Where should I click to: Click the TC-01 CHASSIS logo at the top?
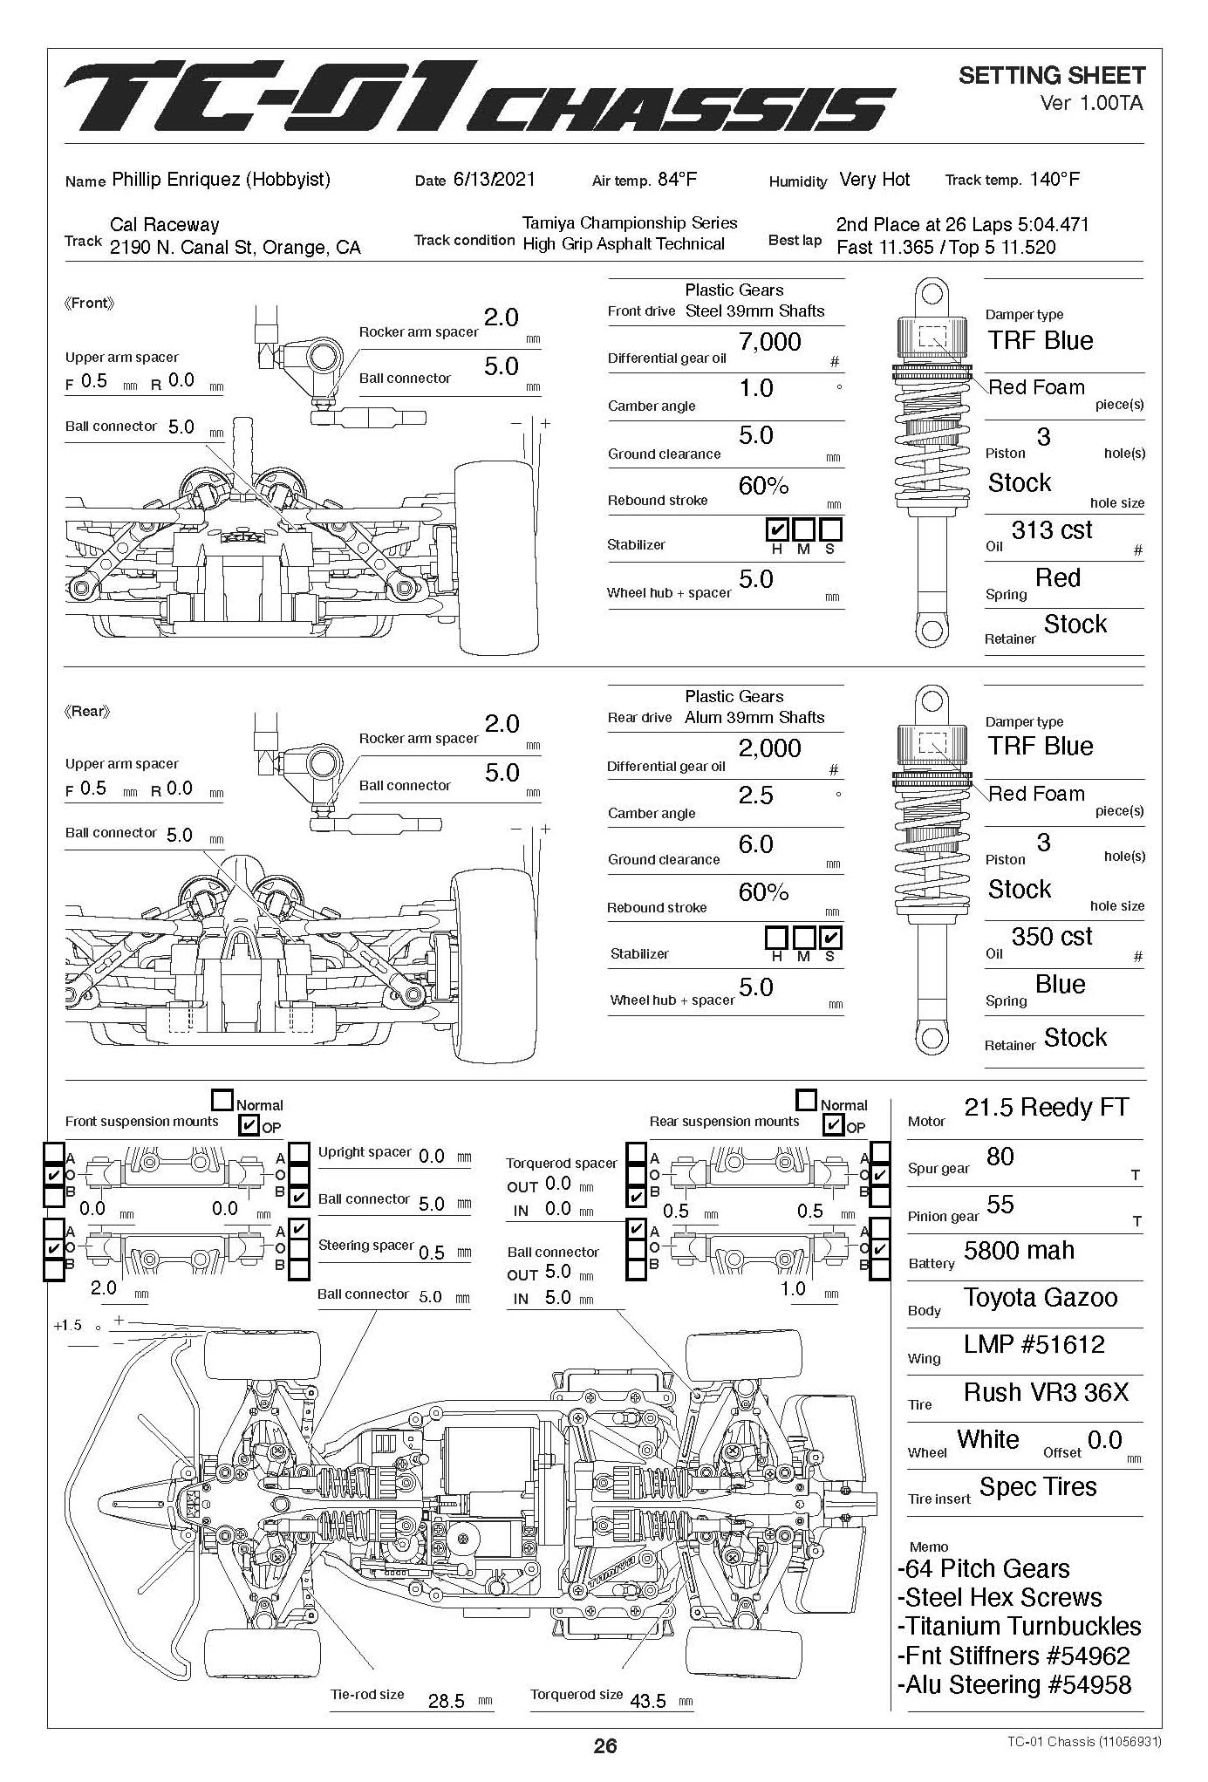[478, 98]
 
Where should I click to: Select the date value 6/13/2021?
[494, 180]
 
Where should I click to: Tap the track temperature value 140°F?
[1054, 180]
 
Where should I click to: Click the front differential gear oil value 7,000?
[769, 342]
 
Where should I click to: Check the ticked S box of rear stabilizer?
[831, 938]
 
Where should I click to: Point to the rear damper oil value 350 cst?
[1051, 937]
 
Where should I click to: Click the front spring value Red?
[1057, 578]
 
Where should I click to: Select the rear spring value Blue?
[1060, 985]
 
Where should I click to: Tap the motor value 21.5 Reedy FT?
[1046, 1108]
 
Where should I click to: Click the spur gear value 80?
[1000, 1157]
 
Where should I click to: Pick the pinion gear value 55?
[1000, 1205]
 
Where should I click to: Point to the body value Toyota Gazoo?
[1040, 1298]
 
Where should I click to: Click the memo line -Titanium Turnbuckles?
[1019, 1627]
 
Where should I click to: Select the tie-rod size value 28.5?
[446, 1702]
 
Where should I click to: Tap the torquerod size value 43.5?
[647, 1702]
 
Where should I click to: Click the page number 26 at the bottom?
[604, 1745]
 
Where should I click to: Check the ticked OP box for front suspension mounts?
[249, 1125]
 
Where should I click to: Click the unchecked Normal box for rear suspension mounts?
[807, 1100]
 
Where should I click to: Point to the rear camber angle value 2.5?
[755, 795]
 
